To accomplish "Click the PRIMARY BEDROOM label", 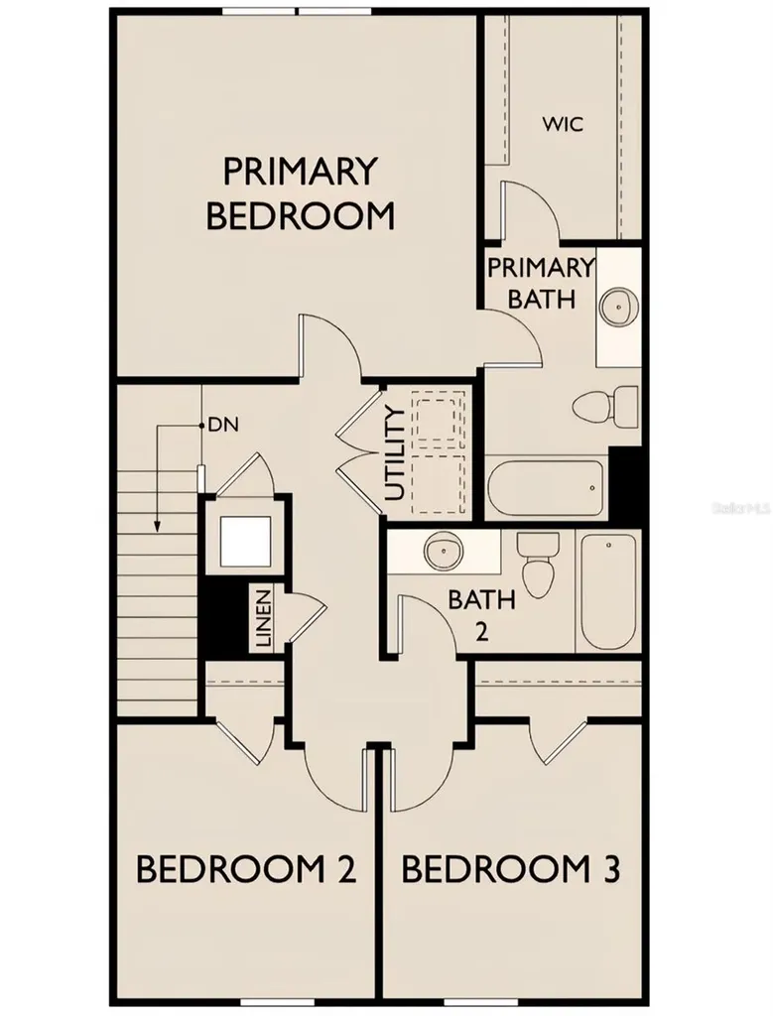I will click(x=300, y=193).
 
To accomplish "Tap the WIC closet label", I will click(x=562, y=125).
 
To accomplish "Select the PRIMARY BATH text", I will click(x=540, y=283).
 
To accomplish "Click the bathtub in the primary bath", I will click(x=546, y=487).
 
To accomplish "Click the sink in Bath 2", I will click(x=441, y=551).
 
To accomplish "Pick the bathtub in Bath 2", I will click(x=608, y=589).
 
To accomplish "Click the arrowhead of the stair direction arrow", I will click(x=156, y=526).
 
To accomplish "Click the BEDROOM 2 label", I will click(x=245, y=870).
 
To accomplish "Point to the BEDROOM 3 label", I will click(x=510, y=870).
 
